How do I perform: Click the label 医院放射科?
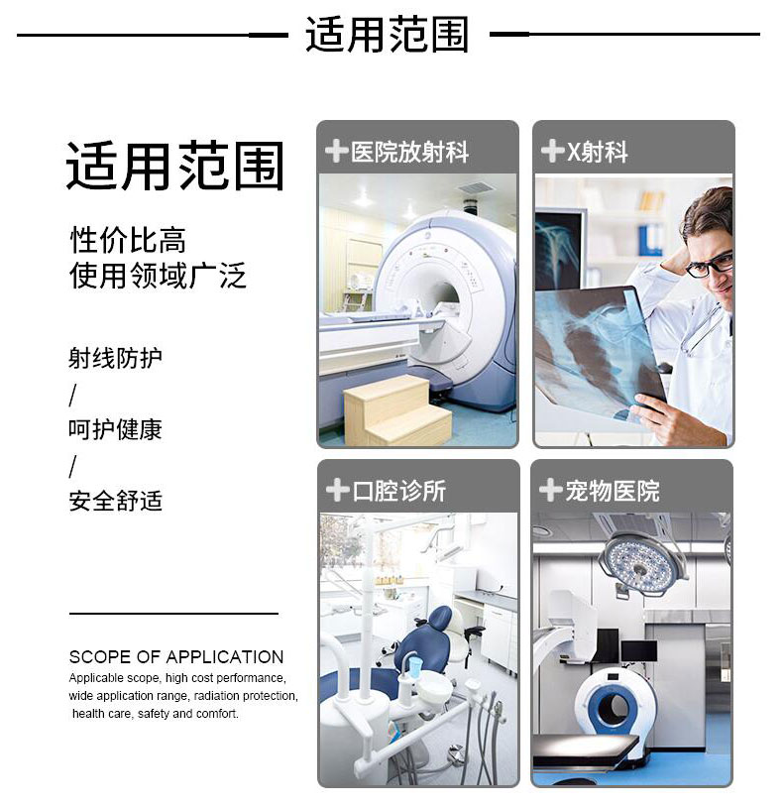point(409,152)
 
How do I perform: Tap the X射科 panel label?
point(597,152)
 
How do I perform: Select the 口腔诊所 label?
point(399,491)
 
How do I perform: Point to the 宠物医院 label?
point(613,491)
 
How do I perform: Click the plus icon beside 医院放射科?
point(336,152)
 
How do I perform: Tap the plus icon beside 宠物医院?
point(550,490)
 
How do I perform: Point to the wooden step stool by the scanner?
point(397,409)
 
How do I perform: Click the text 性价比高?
point(128,240)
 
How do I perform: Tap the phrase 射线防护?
point(115,358)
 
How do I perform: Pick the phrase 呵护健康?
point(115,429)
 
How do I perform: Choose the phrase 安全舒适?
point(115,501)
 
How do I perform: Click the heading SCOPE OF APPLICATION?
point(176,657)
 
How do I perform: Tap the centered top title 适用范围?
point(387,35)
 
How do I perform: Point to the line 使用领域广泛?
point(158,276)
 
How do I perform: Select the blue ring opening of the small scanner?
point(614,705)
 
